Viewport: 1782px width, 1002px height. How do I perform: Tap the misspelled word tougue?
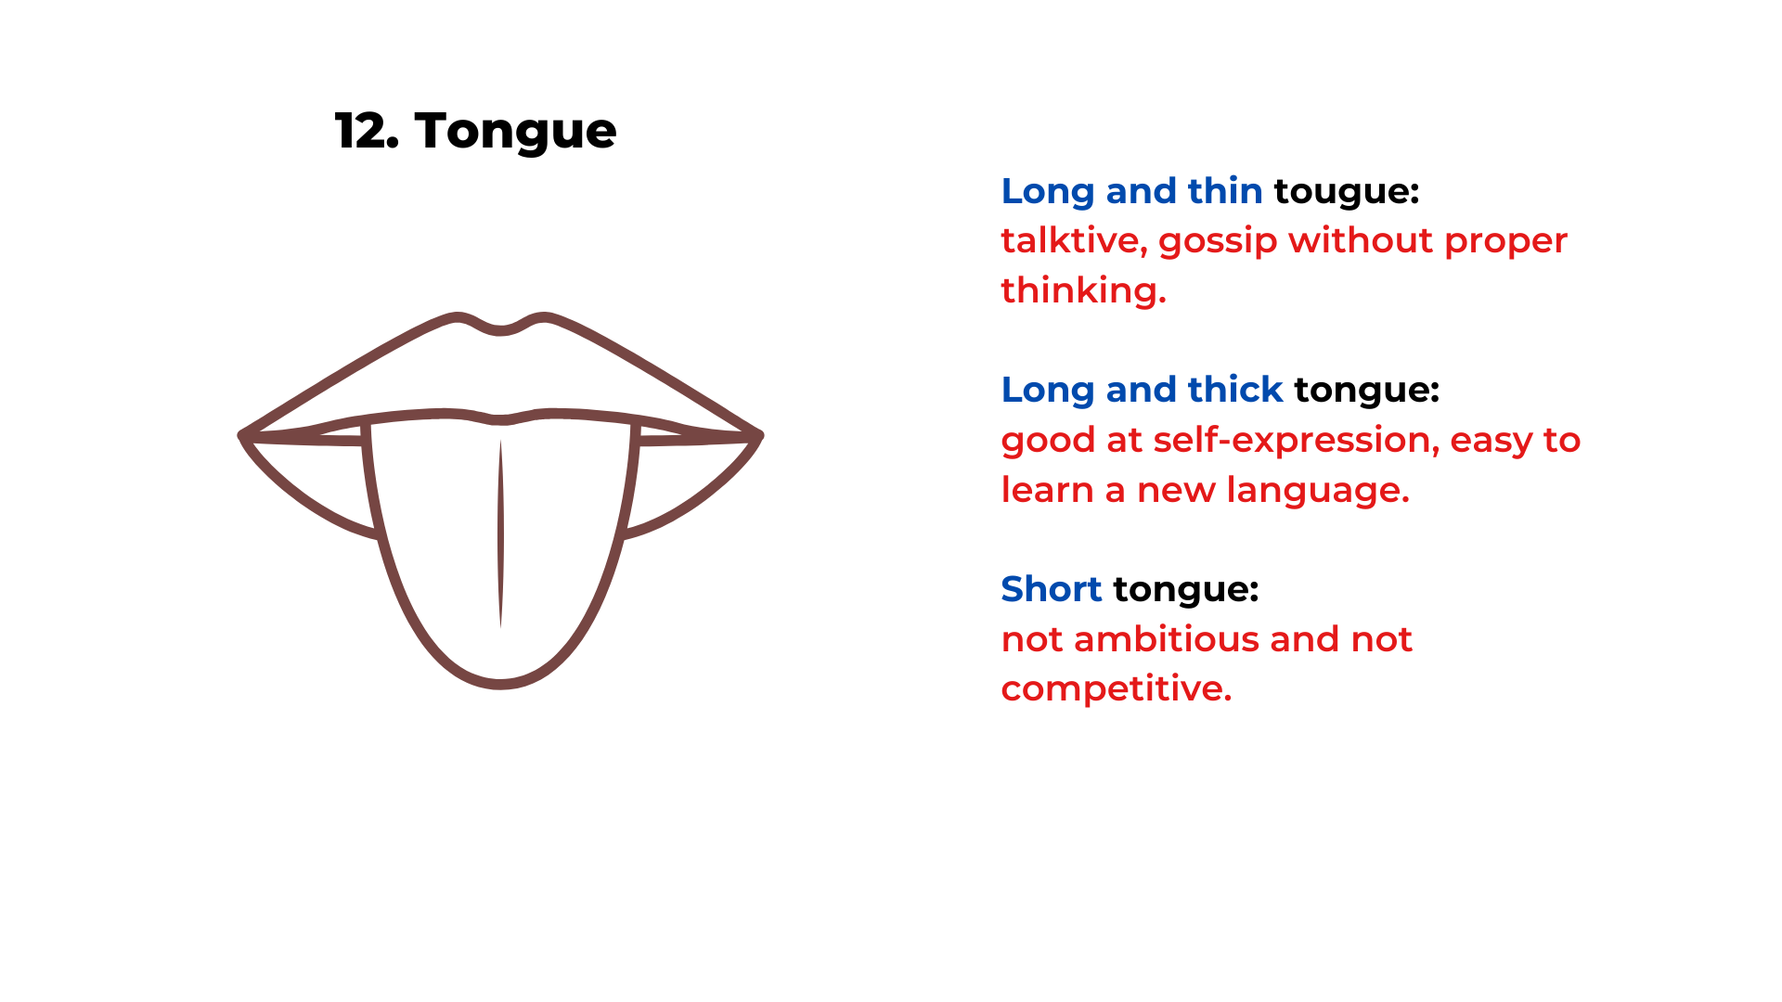(x=1346, y=192)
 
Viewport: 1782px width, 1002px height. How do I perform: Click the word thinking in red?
(x=1082, y=290)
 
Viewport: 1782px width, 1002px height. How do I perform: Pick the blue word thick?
(x=1235, y=390)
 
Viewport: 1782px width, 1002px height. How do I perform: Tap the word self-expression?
(x=1296, y=441)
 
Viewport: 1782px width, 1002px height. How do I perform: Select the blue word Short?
(x=1051, y=589)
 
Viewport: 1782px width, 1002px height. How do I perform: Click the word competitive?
(x=1116, y=689)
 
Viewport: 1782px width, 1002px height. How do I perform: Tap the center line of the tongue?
(x=500, y=533)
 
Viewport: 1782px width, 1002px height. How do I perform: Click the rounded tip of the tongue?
(x=500, y=684)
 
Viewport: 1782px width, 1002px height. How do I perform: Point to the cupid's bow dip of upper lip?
(x=500, y=330)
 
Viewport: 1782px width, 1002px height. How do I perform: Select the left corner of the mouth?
(x=244, y=434)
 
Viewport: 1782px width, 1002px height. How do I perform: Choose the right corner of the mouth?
(x=758, y=434)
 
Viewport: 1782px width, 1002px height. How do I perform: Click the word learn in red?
(x=1047, y=490)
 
